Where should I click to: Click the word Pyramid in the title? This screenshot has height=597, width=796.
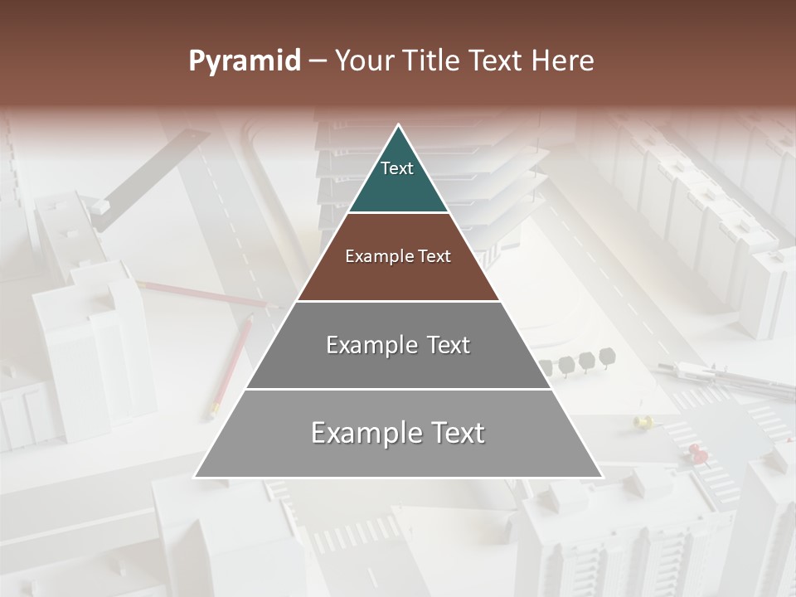tap(244, 61)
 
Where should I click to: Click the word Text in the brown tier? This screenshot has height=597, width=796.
tap(435, 256)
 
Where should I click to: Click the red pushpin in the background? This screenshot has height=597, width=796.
tap(696, 452)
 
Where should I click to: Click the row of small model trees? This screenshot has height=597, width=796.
tap(577, 362)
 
